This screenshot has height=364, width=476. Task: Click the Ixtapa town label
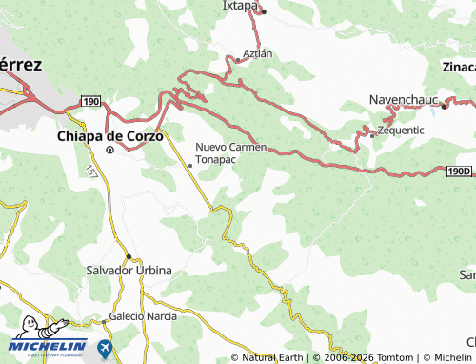(240, 5)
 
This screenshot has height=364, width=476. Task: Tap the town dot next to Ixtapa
(264, 12)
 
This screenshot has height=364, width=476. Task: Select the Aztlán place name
(258, 53)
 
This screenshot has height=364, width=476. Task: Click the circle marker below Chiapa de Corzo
(110, 150)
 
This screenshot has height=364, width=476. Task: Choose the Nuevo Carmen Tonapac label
(228, 152)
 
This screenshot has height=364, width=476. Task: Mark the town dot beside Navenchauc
(444, 106)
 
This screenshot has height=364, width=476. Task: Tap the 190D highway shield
(459, 172)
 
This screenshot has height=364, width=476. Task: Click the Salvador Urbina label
(129, 271)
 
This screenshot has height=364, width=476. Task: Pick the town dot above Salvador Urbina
(129, 256)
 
